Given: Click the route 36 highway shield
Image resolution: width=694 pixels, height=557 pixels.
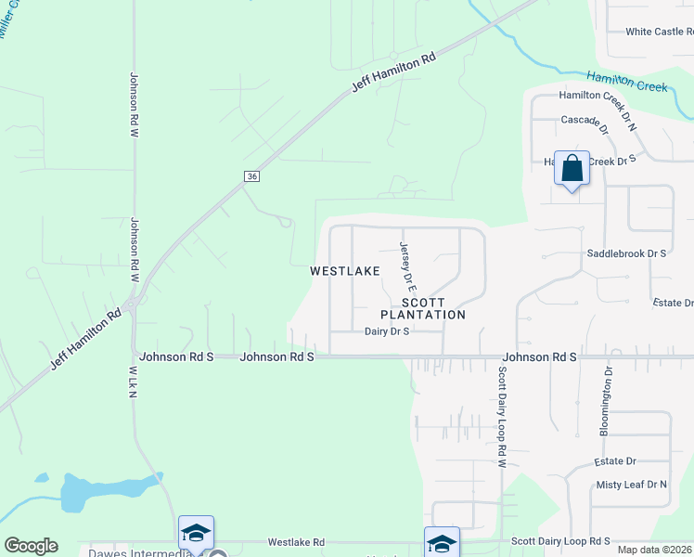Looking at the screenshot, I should [x=251, y=176].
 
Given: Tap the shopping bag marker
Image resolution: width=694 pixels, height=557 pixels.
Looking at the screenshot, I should [x=572, y=169].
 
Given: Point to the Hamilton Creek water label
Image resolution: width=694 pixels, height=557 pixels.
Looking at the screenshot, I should [x=626, y=81].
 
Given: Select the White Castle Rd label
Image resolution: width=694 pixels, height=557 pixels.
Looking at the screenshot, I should [x=659, y=32].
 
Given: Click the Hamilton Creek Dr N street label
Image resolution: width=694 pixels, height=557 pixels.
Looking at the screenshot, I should [x=599, y=96].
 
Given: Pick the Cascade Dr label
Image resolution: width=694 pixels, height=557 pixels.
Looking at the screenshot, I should [x=585, y=120].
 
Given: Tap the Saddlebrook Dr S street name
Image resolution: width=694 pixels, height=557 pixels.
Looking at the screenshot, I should [x=626, y=253].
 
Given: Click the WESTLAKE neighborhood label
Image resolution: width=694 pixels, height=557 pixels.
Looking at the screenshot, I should [x=344, y=271].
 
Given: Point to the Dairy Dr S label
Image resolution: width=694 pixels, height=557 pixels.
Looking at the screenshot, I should [x=387, y=331].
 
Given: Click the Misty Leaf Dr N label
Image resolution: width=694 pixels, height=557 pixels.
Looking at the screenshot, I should [x=631, y=485].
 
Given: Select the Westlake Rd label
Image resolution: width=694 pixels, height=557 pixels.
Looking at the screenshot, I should [x=296, y=542].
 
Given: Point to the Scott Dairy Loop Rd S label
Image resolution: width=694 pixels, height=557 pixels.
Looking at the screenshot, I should [x=559, y=540].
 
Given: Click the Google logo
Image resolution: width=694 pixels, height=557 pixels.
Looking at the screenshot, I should [x=31, y=546].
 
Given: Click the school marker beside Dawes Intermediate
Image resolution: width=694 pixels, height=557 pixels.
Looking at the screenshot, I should [x=196, y=533].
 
